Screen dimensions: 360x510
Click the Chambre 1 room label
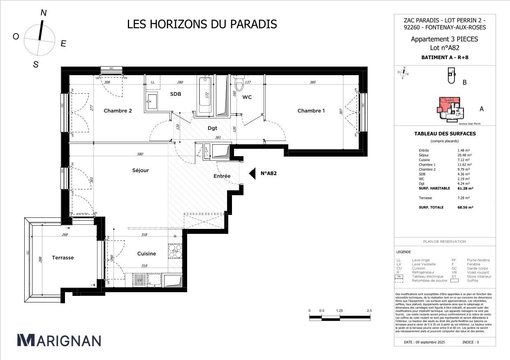point(311,111)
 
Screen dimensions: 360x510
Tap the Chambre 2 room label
point(118,111)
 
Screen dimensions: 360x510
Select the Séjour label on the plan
point(140,170)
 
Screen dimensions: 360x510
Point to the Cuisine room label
point(146,254)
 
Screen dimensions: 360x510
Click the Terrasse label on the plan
point(63,258)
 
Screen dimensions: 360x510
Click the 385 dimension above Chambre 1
point(313,83)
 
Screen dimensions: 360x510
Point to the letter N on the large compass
point(44,13)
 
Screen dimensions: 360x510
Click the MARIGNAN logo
point(59,340)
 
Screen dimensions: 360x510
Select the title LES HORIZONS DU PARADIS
point(202,24)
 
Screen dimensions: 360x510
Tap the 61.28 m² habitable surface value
point(465,188)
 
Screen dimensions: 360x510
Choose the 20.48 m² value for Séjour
point(465,155)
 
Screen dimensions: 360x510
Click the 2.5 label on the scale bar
point(369,311)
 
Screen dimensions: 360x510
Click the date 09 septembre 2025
point(424,342)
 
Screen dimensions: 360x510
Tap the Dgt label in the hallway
point(212,128)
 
